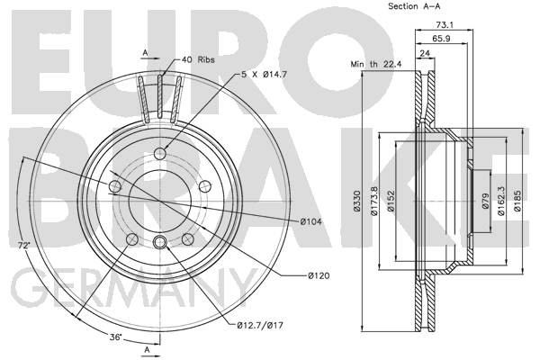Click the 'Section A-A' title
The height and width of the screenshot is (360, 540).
(414, 6)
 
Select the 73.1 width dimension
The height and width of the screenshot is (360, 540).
(445, 25)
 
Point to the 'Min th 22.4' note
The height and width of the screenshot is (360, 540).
(376, 64)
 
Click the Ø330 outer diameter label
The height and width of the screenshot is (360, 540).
(356, 201)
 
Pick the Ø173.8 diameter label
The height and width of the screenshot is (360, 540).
(374, 201)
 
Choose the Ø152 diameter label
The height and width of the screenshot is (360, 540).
(391, 201)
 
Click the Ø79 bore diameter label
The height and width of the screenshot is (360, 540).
(486, 201)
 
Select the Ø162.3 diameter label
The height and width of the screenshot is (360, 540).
(501, 201)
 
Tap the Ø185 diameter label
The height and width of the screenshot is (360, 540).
(517, 201)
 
